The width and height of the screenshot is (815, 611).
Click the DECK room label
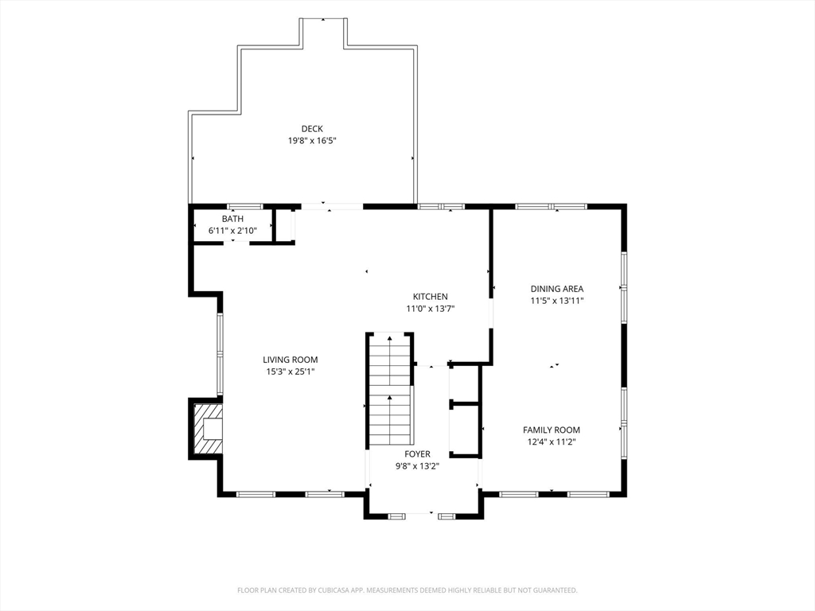(312, 129)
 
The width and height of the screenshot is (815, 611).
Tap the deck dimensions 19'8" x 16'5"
(312, 141)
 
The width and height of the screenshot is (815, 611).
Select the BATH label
(232, 219)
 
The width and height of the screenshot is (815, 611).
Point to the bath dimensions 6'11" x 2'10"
(232, 231)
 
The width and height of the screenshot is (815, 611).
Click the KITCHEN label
(430, 297)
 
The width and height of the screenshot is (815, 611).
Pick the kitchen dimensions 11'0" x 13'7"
(431, 309)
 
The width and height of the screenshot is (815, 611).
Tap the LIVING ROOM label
(290, 360)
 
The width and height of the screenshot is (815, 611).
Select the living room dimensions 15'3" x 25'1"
(291, 372)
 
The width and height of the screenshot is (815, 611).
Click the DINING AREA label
(556, 289)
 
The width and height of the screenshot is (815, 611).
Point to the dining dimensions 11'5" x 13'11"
(556, 301)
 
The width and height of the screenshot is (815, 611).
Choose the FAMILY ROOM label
(551, 430)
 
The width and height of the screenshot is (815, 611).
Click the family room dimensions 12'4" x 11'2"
(551, 442)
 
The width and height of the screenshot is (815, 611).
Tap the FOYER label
(417, 454)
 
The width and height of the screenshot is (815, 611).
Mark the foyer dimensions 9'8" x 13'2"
(417, 466)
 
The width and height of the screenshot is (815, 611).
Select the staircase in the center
(389, 389)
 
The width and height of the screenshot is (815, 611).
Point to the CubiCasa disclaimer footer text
(407, 590)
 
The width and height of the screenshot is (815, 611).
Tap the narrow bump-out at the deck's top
(323, 33)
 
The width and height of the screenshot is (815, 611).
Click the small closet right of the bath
(284, 225)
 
